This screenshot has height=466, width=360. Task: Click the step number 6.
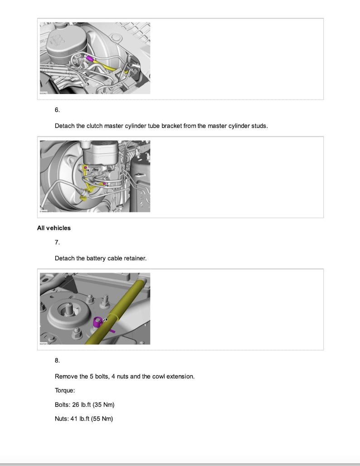(x=57, y=110)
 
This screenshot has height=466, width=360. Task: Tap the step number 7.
(x=57, y=243)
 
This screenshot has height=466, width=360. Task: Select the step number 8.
(x=57, y=360)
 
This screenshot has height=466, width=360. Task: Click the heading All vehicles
(x=54, y=228)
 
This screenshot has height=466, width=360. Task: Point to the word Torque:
(x=65, y=390)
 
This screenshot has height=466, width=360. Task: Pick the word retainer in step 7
(x=135, y=258)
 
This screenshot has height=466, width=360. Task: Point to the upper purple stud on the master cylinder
(x=85, y=168)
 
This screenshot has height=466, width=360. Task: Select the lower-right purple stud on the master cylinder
(x=104, y=184)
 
